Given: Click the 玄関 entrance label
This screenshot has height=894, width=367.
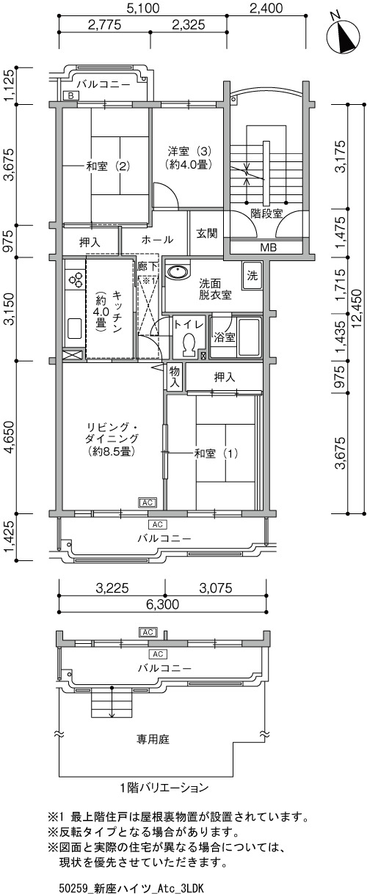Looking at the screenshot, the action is click(207, 233).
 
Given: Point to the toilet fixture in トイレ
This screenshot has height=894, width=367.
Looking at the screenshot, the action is click(188, 345).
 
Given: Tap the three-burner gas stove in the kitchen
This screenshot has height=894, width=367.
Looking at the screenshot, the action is click(76, 279).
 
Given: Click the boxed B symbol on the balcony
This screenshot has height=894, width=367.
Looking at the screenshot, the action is click(71, 96).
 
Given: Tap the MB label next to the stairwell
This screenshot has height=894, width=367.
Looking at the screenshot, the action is click(269, 248).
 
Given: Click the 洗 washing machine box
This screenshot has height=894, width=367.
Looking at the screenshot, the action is click(252, 276).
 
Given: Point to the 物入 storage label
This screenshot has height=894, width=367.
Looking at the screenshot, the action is click(175, 377).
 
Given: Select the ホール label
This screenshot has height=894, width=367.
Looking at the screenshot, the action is click(157, 240).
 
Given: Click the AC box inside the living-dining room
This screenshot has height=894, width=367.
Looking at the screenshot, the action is click(148, 502).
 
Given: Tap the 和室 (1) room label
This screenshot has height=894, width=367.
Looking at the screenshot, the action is click(216, 453).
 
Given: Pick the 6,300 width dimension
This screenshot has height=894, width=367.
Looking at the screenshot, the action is click(162, 604).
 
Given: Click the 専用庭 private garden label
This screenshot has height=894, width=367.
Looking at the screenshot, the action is click(153, 739).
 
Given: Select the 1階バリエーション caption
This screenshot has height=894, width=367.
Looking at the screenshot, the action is click(164, 788).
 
